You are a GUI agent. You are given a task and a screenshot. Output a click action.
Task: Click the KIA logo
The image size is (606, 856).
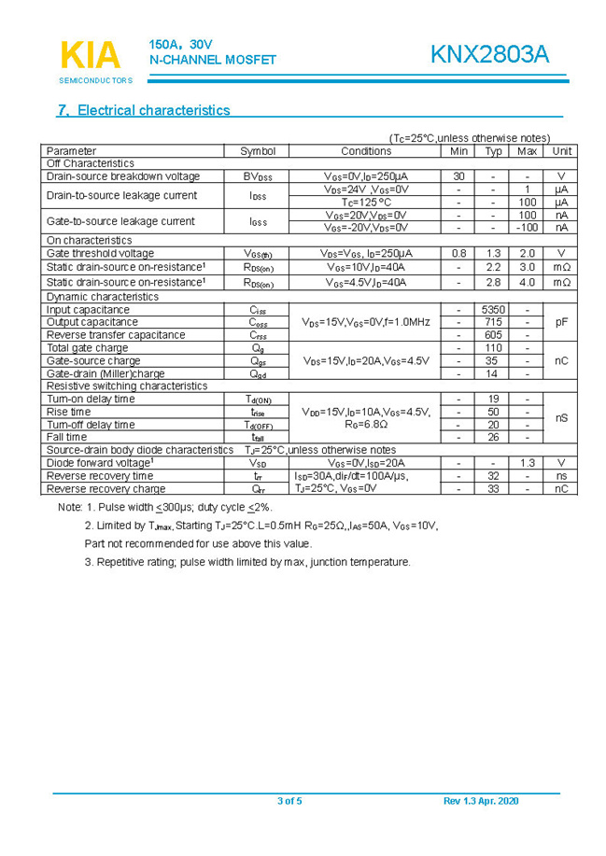(91, 56)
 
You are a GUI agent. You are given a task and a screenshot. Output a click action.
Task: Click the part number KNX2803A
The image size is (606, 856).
(489, 55)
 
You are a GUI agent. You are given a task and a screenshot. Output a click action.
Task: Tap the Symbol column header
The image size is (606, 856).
(258, 151)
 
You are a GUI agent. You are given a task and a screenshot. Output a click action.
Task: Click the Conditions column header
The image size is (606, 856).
(366, 151)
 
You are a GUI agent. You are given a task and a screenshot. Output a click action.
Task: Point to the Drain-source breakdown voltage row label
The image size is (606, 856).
(123, 176)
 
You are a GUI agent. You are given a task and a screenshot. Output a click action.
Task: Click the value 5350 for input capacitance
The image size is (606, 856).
(493, 310)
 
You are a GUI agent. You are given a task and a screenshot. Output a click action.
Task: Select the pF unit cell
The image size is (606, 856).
(561, 322)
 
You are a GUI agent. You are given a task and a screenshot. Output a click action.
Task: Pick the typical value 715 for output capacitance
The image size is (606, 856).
(493, 322)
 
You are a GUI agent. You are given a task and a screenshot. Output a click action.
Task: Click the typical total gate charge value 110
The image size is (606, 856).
(493, 348)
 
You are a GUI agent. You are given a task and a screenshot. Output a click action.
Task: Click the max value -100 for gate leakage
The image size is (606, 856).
(527, 227)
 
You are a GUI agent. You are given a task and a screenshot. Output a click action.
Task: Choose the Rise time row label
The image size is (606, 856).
(69, 412)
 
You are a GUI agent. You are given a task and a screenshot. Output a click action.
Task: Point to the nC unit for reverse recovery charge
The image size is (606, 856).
(561, 488)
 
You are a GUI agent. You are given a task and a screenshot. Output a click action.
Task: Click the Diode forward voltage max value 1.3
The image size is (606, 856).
(527, 463)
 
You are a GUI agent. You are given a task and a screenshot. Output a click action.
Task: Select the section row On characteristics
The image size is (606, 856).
(90, 240)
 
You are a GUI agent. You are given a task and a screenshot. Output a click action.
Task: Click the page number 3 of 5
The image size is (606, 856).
(290, 801)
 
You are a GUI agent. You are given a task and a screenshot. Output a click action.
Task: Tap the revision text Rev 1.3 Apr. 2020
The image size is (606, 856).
(481, 801)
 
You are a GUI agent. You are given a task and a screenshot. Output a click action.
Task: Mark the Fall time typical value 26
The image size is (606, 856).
(493, 437)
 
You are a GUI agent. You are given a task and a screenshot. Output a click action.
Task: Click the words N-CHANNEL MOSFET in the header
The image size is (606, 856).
(213, 61)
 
